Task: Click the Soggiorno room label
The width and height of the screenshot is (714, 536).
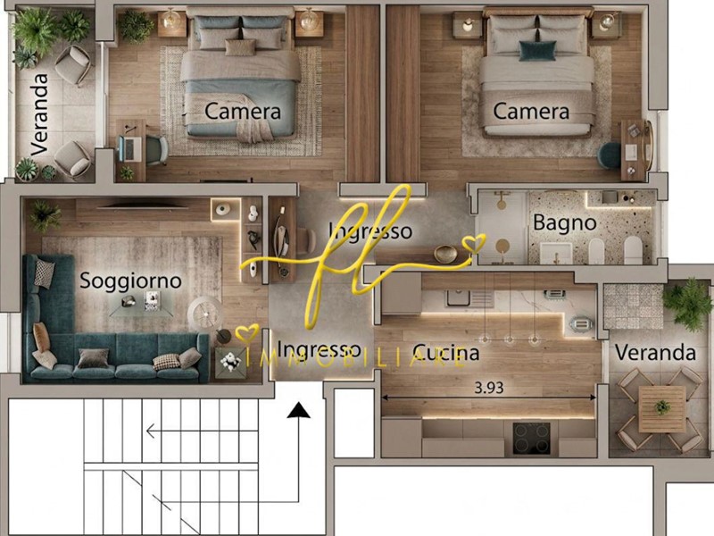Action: pos(130,281)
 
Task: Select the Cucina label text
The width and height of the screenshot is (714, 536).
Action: pos(446,353)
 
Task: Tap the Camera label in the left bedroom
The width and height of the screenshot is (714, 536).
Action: pos(243,112)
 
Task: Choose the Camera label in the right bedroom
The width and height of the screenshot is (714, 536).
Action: pos(531,112)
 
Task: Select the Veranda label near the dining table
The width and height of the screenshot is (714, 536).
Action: pos(655,353)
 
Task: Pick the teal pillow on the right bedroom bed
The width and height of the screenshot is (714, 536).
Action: pos(536,51)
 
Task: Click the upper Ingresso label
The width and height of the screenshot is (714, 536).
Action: pos(370,231)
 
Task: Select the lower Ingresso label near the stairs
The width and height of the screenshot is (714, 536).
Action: pos(319,349)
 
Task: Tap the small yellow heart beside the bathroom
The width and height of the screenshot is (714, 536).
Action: pos(473,242)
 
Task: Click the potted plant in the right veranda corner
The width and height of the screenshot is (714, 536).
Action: pos(687,304)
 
